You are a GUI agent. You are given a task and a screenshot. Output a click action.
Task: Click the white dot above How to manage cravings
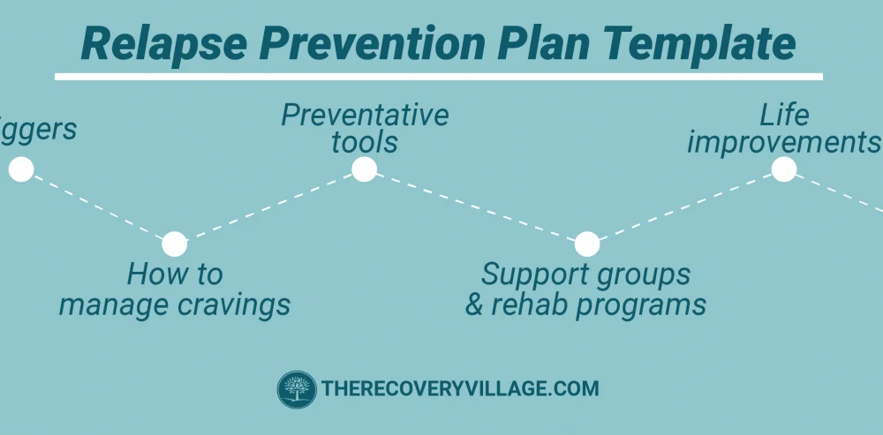pos(175,244)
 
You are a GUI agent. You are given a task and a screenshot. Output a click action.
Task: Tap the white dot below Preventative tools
pos(364,169)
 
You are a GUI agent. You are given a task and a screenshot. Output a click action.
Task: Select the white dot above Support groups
pos(587,244)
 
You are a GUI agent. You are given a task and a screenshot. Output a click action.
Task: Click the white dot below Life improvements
pos(784,169)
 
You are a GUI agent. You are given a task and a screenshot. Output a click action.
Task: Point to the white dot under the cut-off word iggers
pos(21,169)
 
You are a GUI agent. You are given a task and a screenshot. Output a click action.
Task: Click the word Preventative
pos(365,115)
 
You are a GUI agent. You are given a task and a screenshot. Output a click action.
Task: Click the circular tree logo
pos(297,389)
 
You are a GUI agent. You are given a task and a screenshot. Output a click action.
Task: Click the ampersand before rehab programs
pos(474,304)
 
